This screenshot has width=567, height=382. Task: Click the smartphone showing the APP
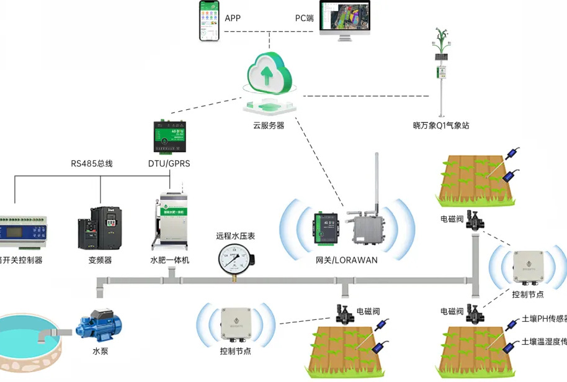210,20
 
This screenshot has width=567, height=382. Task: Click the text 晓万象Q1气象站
441,125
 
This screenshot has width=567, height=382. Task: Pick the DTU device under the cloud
170,137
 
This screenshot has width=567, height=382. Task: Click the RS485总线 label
92,164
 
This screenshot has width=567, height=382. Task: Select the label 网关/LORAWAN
346,260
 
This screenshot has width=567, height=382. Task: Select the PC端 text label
303,18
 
